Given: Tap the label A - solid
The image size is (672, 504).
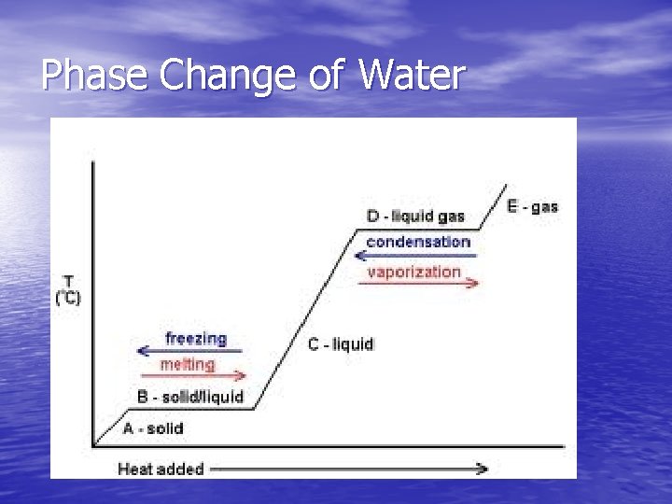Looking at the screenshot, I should coord(153,428).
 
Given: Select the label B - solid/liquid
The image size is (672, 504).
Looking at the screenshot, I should coord(190,397).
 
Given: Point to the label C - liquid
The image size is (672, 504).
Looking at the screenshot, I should coord(341,344).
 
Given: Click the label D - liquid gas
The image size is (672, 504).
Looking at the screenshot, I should coord(415,217).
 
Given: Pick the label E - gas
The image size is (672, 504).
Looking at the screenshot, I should coord(533,206).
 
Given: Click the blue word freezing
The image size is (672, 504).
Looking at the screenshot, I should coord(196,338).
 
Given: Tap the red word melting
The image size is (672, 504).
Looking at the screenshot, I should coord(188,364).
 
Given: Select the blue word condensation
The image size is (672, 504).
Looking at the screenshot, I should coord(418,242).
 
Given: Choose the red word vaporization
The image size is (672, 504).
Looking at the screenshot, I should coord(414,272).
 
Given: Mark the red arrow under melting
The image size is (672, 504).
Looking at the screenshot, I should coord(192,377).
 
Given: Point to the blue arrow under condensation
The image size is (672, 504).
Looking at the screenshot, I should coord(416,255).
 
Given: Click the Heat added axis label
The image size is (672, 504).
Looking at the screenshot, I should coord(161,469).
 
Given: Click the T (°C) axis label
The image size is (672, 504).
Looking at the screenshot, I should coord(68,289).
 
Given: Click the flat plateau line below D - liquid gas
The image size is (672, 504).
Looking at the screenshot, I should coord(420,230).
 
